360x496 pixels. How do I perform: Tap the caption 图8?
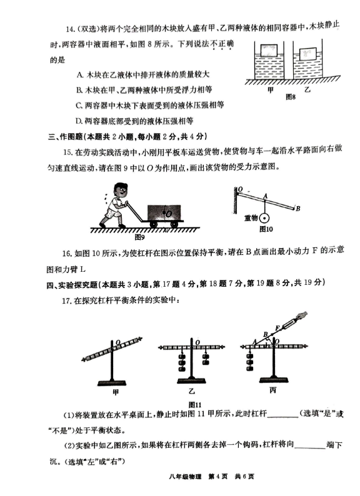pos(291,97)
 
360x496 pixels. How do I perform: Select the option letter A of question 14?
pos(80,75)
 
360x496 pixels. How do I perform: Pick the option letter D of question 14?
pos(79,121)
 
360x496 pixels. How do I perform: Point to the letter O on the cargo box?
pos(169,214)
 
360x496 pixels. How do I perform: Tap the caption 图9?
pos(139,237)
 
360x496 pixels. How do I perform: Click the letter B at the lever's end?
pos(298,209)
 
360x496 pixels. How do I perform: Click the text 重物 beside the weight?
pos(251,218)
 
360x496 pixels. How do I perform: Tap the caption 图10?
pos(266,229)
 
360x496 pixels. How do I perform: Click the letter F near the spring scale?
pos(277,328)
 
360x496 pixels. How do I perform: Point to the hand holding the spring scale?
pos(301,316)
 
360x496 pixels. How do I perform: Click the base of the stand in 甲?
pos(112,382)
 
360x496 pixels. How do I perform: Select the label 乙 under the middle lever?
pos(191,391)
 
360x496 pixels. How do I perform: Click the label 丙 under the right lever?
pos(273,390)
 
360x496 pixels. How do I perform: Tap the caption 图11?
pos(195,405)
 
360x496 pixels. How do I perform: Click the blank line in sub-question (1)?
pos(282,417)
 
